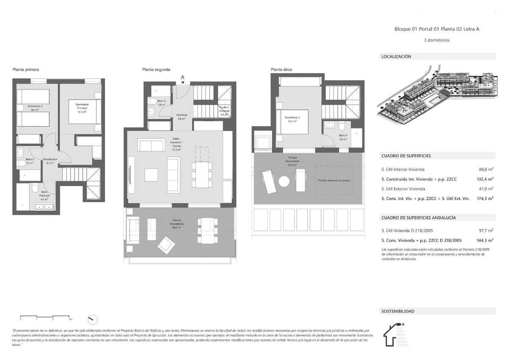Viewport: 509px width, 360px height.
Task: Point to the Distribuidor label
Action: click(50, 161)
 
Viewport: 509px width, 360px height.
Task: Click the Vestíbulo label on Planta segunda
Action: click(182, 117)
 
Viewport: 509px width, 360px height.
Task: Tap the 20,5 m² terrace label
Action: click(177, 225)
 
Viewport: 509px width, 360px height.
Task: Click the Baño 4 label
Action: click(343, 137)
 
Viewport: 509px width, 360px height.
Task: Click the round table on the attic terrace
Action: click(283, 181)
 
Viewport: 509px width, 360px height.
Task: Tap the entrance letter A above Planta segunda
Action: click(182, 77)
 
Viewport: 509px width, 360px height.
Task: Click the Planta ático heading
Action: click(281, 70)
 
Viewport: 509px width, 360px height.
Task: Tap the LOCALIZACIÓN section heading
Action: click(396, 56)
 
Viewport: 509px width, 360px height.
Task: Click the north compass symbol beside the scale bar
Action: click(92, 319)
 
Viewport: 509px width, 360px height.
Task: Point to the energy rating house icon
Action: click(395, 335)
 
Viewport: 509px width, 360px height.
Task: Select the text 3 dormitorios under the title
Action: click(436, 40)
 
